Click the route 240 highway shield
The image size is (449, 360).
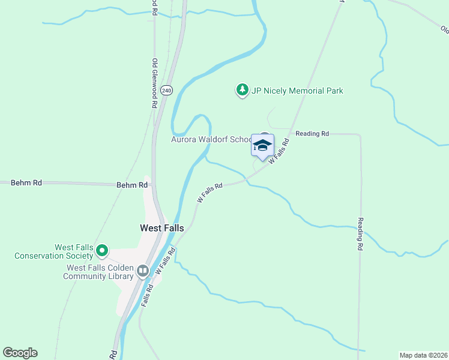click(167, 90)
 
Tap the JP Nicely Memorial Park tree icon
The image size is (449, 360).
click(242, 91)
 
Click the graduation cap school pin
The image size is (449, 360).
click(262, 145)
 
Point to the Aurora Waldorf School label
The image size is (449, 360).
click(212, 140)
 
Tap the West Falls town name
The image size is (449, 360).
click(162, 228)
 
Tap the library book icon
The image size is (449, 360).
click(143, 271)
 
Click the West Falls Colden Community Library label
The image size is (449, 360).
click(100, 272)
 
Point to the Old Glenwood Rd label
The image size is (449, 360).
click(154, 83)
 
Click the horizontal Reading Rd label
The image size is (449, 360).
click(312, 134)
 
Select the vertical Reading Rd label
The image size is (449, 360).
click(360, 234)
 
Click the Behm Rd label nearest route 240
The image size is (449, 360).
click(132, 185)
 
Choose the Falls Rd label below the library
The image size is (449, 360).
click(148, 295)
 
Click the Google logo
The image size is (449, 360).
click(20, 353)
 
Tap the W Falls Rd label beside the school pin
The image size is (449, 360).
click(279, 152)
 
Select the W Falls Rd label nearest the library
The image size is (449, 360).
click(165, 261)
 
